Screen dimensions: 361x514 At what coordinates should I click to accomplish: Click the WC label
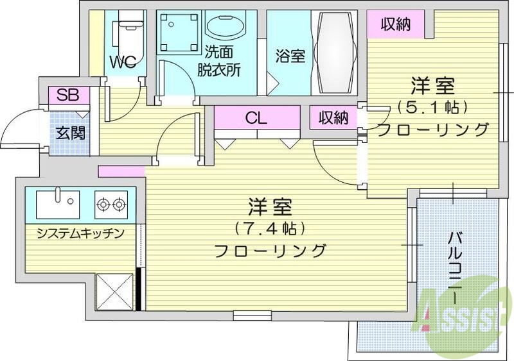(122, 62)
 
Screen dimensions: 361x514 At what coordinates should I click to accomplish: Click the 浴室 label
(290, 56)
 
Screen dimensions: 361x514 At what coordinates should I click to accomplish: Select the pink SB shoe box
(67, 96)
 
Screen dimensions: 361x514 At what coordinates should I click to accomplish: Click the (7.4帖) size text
(269, 228)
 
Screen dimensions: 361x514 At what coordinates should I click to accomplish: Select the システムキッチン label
(80, 233)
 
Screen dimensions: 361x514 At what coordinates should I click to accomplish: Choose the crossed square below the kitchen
(114, 292)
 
